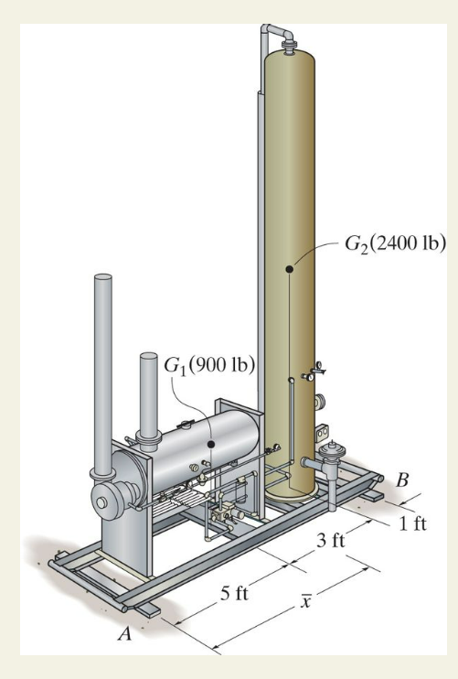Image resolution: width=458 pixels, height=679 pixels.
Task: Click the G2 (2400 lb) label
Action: coord(395,243)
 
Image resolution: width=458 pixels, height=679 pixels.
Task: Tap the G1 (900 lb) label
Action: coord(209,366)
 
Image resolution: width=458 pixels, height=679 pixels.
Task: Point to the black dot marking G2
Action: coord(290,269)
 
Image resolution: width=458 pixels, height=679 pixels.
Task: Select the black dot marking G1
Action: coord(211,445)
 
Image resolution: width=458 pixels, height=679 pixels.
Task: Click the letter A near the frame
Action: coord(125,634)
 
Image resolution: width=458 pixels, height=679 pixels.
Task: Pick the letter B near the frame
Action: coord(402,480)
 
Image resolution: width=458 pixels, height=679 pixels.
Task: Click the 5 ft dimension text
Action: coord(234,593)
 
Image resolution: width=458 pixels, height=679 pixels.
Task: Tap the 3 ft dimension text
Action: coord(331,541)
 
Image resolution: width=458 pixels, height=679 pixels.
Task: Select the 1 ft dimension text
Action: coord(412,523)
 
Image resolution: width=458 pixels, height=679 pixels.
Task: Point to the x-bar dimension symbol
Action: coord(305,600)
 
